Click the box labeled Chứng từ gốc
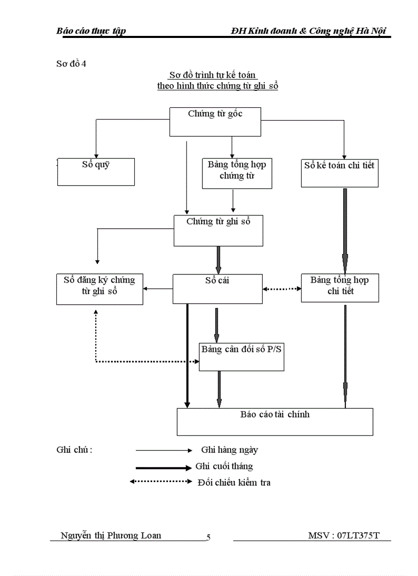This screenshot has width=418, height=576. pyautogui.click(x=215, y=122)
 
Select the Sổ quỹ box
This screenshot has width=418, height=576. pyautogui.click(x=95, y=171)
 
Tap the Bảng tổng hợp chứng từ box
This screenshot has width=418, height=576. pyautogui.click(x=237, y=173)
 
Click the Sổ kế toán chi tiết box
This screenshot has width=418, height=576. pyautogui.click(x=339, y=172)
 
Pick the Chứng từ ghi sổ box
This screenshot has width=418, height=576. pyautogui.click(x=218, y=230)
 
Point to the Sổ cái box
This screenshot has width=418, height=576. pyautogui.click(x=217, y=288)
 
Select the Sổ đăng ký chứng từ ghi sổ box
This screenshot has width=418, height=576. pyautogui.click(x=99, y=289)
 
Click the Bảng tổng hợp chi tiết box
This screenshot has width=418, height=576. pyautogui.click(x=340, y=288)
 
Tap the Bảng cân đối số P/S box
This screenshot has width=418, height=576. pyautogui.click(x=241, y=356)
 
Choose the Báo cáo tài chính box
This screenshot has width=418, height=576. pyautogui.click(x=275, y=422)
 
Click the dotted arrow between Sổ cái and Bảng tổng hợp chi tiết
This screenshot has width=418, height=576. pyautogui.click(x=282, y=289)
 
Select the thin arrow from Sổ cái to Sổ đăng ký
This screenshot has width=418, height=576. pyautogui.click(x=158, y=289)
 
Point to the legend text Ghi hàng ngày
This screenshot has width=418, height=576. pyautogui.click(x=229, y=450)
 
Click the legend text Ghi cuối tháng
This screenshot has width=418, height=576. pyautogui.click(x=224, y=466)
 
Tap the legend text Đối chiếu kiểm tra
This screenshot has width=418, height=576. pyautogui.click(x=234, y=483)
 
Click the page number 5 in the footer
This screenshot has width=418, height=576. pyautogui.click(x=208, y=538)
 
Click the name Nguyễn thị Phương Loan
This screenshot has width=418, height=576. pyautogui.click(x=111, y=535)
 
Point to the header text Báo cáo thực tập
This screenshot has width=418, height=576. pyautogui.click(x=91, y=31)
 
